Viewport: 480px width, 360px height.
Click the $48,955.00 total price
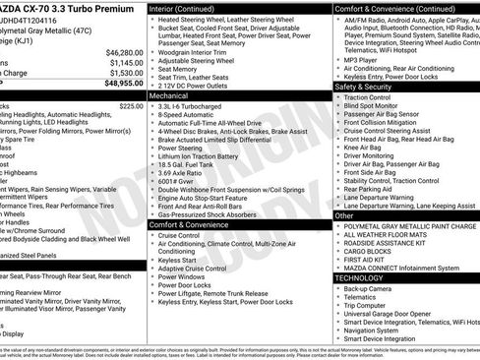(116, 85)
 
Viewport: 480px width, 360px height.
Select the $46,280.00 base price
(120, 51)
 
